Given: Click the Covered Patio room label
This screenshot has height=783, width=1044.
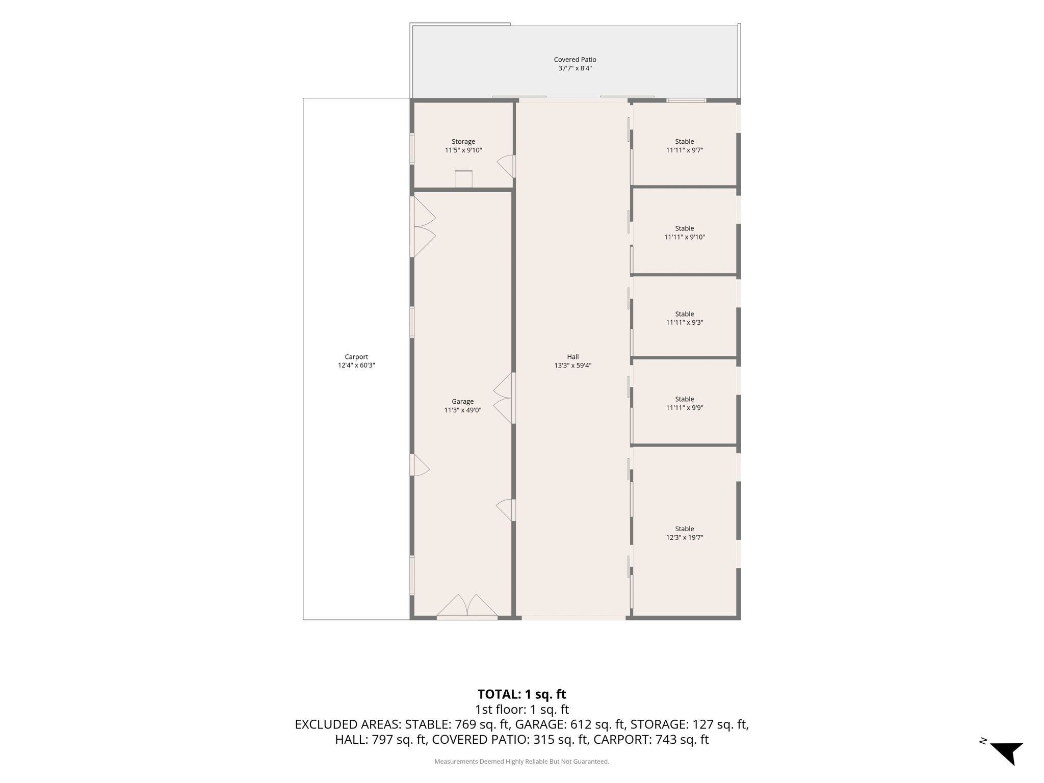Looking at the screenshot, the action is pyautogui.click(x=575, y=60).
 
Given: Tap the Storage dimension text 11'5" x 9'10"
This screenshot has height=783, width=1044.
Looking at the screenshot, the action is pyautogui.click(x=463, y=150).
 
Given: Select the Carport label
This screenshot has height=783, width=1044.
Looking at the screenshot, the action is pyautogui.click(x=356, y=357).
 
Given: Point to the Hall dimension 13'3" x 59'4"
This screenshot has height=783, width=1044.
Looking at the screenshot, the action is pyautogui.click(x=573, y=366).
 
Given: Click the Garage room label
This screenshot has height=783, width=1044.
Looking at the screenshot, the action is pyautogui.click(x=463, y=402).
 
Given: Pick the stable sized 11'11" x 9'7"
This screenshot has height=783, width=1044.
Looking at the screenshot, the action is pyautogui.click(x=685, y=146).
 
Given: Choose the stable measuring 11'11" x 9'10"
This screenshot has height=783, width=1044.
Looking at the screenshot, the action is pyautogui.click(x=685, y=232).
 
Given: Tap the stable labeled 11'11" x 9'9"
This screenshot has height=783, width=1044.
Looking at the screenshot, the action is pyautogui.click(x=685, y=403).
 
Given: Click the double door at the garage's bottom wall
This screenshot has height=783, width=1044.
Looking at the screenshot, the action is pyautogui.click(x=467, y=607).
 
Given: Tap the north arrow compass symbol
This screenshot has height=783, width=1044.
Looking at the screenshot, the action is pyautogui.click(x=1006, y=752).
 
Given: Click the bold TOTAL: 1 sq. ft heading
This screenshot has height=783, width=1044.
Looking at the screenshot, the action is pyautogui.click(x=522, y=694).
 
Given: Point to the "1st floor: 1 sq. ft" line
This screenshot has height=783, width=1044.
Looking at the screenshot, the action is pyautogui.click(x=522, y=710).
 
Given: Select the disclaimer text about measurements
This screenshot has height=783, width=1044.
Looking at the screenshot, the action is pyautogui.click(x=522, y=762).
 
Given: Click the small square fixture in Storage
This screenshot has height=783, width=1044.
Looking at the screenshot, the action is pyautogui.click(x=463, y=179).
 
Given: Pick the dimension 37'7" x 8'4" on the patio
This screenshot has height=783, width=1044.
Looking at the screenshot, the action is pyautogui.click(x=575, y=68).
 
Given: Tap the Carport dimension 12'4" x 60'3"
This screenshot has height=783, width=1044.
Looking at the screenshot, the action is pyautogui.click(x=356, y=366).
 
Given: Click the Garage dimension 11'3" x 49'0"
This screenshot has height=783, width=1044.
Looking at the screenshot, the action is pyautogui.click(x=463, y=410).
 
